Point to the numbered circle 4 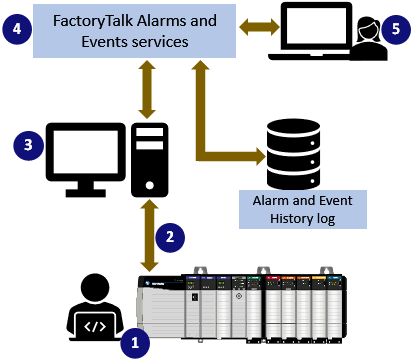click(21, 30)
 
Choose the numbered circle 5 click(397, 30)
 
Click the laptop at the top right click(311, 33)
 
